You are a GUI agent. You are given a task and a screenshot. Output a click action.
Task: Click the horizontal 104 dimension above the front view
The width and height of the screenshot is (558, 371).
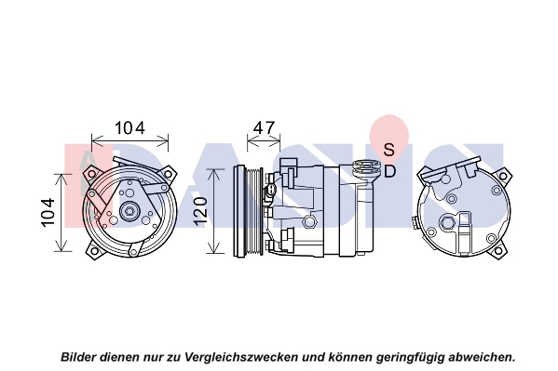(x=129, y=128)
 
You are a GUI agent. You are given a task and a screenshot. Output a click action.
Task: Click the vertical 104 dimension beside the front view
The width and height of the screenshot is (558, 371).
(x=48, y=212)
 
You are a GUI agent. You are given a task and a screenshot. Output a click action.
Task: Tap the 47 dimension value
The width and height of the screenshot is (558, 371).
(x=264, y=127)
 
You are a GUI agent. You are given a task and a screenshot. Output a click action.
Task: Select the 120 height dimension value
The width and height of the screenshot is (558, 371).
(x=201, y=209)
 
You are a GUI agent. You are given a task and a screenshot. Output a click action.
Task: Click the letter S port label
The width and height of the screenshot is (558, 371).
(x=389, y=150)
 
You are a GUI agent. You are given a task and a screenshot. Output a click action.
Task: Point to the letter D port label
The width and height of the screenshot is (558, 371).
(x=390, y=172)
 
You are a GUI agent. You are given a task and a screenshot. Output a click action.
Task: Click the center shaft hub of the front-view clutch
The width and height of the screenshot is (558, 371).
(x=129, y=211)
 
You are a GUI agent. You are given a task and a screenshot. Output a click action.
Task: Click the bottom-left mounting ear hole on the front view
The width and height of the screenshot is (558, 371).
(x=93, y=251)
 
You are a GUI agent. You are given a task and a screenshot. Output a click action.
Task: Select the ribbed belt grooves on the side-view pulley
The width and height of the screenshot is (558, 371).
(x=255, y=211)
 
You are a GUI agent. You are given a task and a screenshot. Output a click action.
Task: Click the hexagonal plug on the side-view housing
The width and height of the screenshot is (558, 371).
(x=309, y=222)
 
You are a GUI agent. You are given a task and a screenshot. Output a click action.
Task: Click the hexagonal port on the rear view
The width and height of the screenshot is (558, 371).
(x=447, y=223)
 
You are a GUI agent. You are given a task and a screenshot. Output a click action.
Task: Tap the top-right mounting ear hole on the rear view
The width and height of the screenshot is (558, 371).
(x=503, y=176)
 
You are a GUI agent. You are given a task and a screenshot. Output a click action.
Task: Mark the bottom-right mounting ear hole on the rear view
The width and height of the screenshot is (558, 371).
(x=499, y=252)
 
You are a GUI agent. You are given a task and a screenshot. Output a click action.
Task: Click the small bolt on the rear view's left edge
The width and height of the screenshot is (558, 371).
(x=415, y=223)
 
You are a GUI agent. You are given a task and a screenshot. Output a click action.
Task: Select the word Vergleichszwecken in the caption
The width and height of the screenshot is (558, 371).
(x=241, y=357)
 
